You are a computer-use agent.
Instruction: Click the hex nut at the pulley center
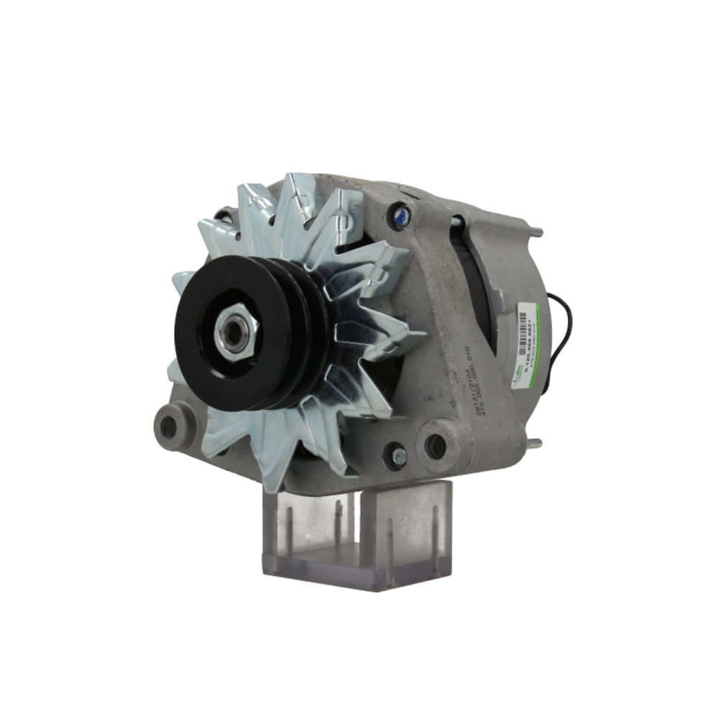point(236,331)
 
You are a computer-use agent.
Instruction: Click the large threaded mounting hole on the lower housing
point(436,446)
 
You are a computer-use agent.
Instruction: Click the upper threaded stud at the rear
point(535,232)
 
